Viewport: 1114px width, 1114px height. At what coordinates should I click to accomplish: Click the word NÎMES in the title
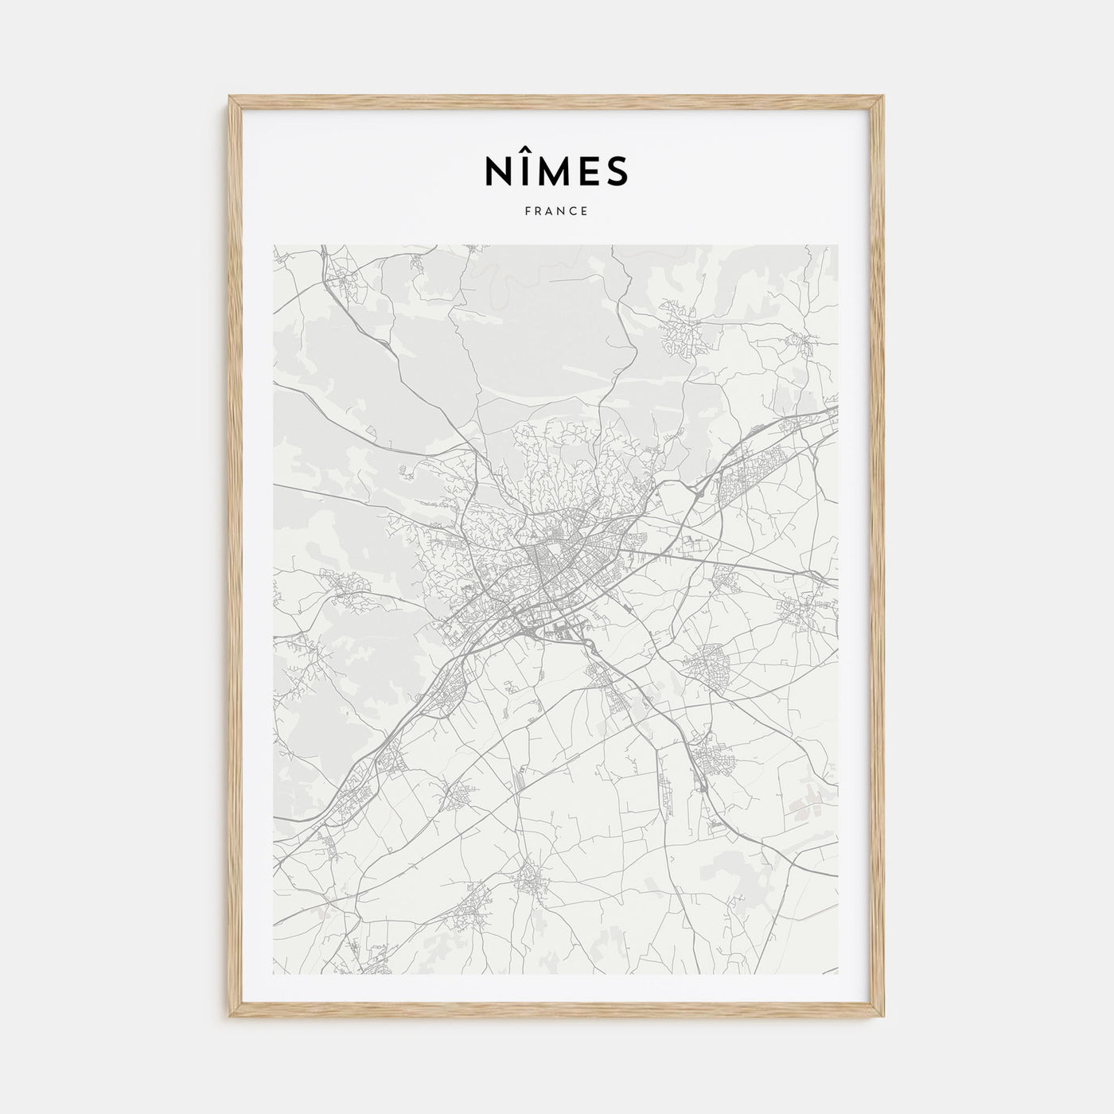point(556,169)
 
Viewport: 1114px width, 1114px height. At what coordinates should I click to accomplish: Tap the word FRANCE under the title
point(556,212)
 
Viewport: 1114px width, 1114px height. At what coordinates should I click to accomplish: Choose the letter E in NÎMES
point(590,170)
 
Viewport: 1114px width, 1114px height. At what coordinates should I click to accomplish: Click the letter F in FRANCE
point(528,212)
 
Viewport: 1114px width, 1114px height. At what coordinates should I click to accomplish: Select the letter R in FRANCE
point(539,212)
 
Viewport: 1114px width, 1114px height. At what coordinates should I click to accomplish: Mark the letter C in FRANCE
point(574,212)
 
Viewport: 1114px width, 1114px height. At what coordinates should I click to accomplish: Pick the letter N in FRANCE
point(563,212)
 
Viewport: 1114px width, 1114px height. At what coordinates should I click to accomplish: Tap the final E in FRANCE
point(585,212)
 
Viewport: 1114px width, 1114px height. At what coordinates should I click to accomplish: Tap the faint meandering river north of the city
point(497,278)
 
